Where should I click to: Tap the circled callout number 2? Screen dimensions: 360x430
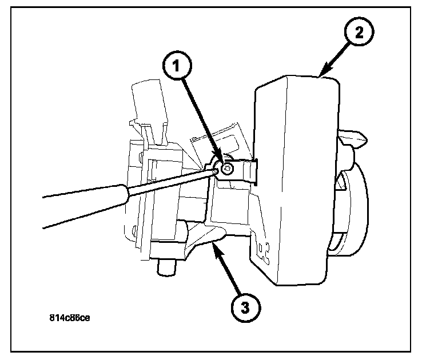359,33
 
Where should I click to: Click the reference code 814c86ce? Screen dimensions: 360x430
69,318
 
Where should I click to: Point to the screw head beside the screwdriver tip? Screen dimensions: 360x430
227,168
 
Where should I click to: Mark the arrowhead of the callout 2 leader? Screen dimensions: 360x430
321,73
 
